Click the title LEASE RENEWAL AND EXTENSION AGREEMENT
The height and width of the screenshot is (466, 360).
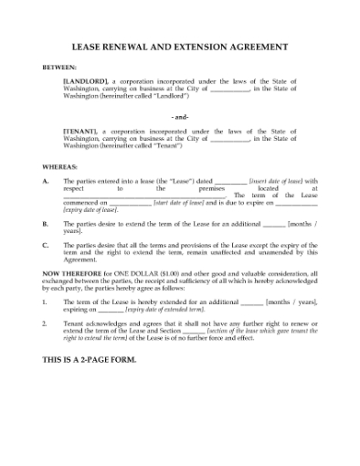click(x=179, y=47)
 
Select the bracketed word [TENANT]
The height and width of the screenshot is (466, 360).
click(x=79, y=132)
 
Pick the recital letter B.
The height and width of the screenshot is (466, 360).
click(x=46, y=223)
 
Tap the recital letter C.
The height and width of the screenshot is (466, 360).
click(x=46, y=244)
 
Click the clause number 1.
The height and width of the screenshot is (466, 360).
click(x=46, y=302)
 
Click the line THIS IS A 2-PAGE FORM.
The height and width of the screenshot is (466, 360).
click(x=90, y=359)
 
